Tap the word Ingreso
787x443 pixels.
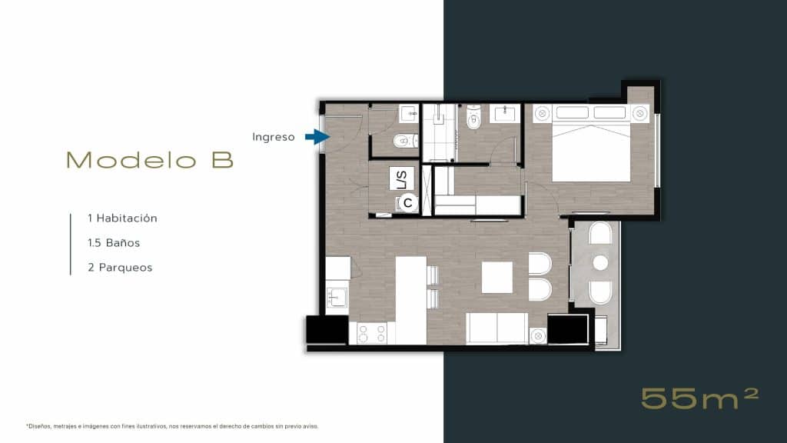(273, 137)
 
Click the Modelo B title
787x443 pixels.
(149, 160)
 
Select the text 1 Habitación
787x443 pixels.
(122, 218)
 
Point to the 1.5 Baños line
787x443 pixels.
(114, 243)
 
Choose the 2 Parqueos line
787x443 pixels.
(120, 268)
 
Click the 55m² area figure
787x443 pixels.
(699, 398)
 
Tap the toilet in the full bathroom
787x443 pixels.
(473, 118)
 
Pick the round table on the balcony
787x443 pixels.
(600, 263)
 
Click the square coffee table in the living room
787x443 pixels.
(497, 278)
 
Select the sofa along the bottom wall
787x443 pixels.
(496, 328)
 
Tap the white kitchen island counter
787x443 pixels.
(410, 300)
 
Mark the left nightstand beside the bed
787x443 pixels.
(542, 113)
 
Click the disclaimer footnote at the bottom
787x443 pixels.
(171, 425)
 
